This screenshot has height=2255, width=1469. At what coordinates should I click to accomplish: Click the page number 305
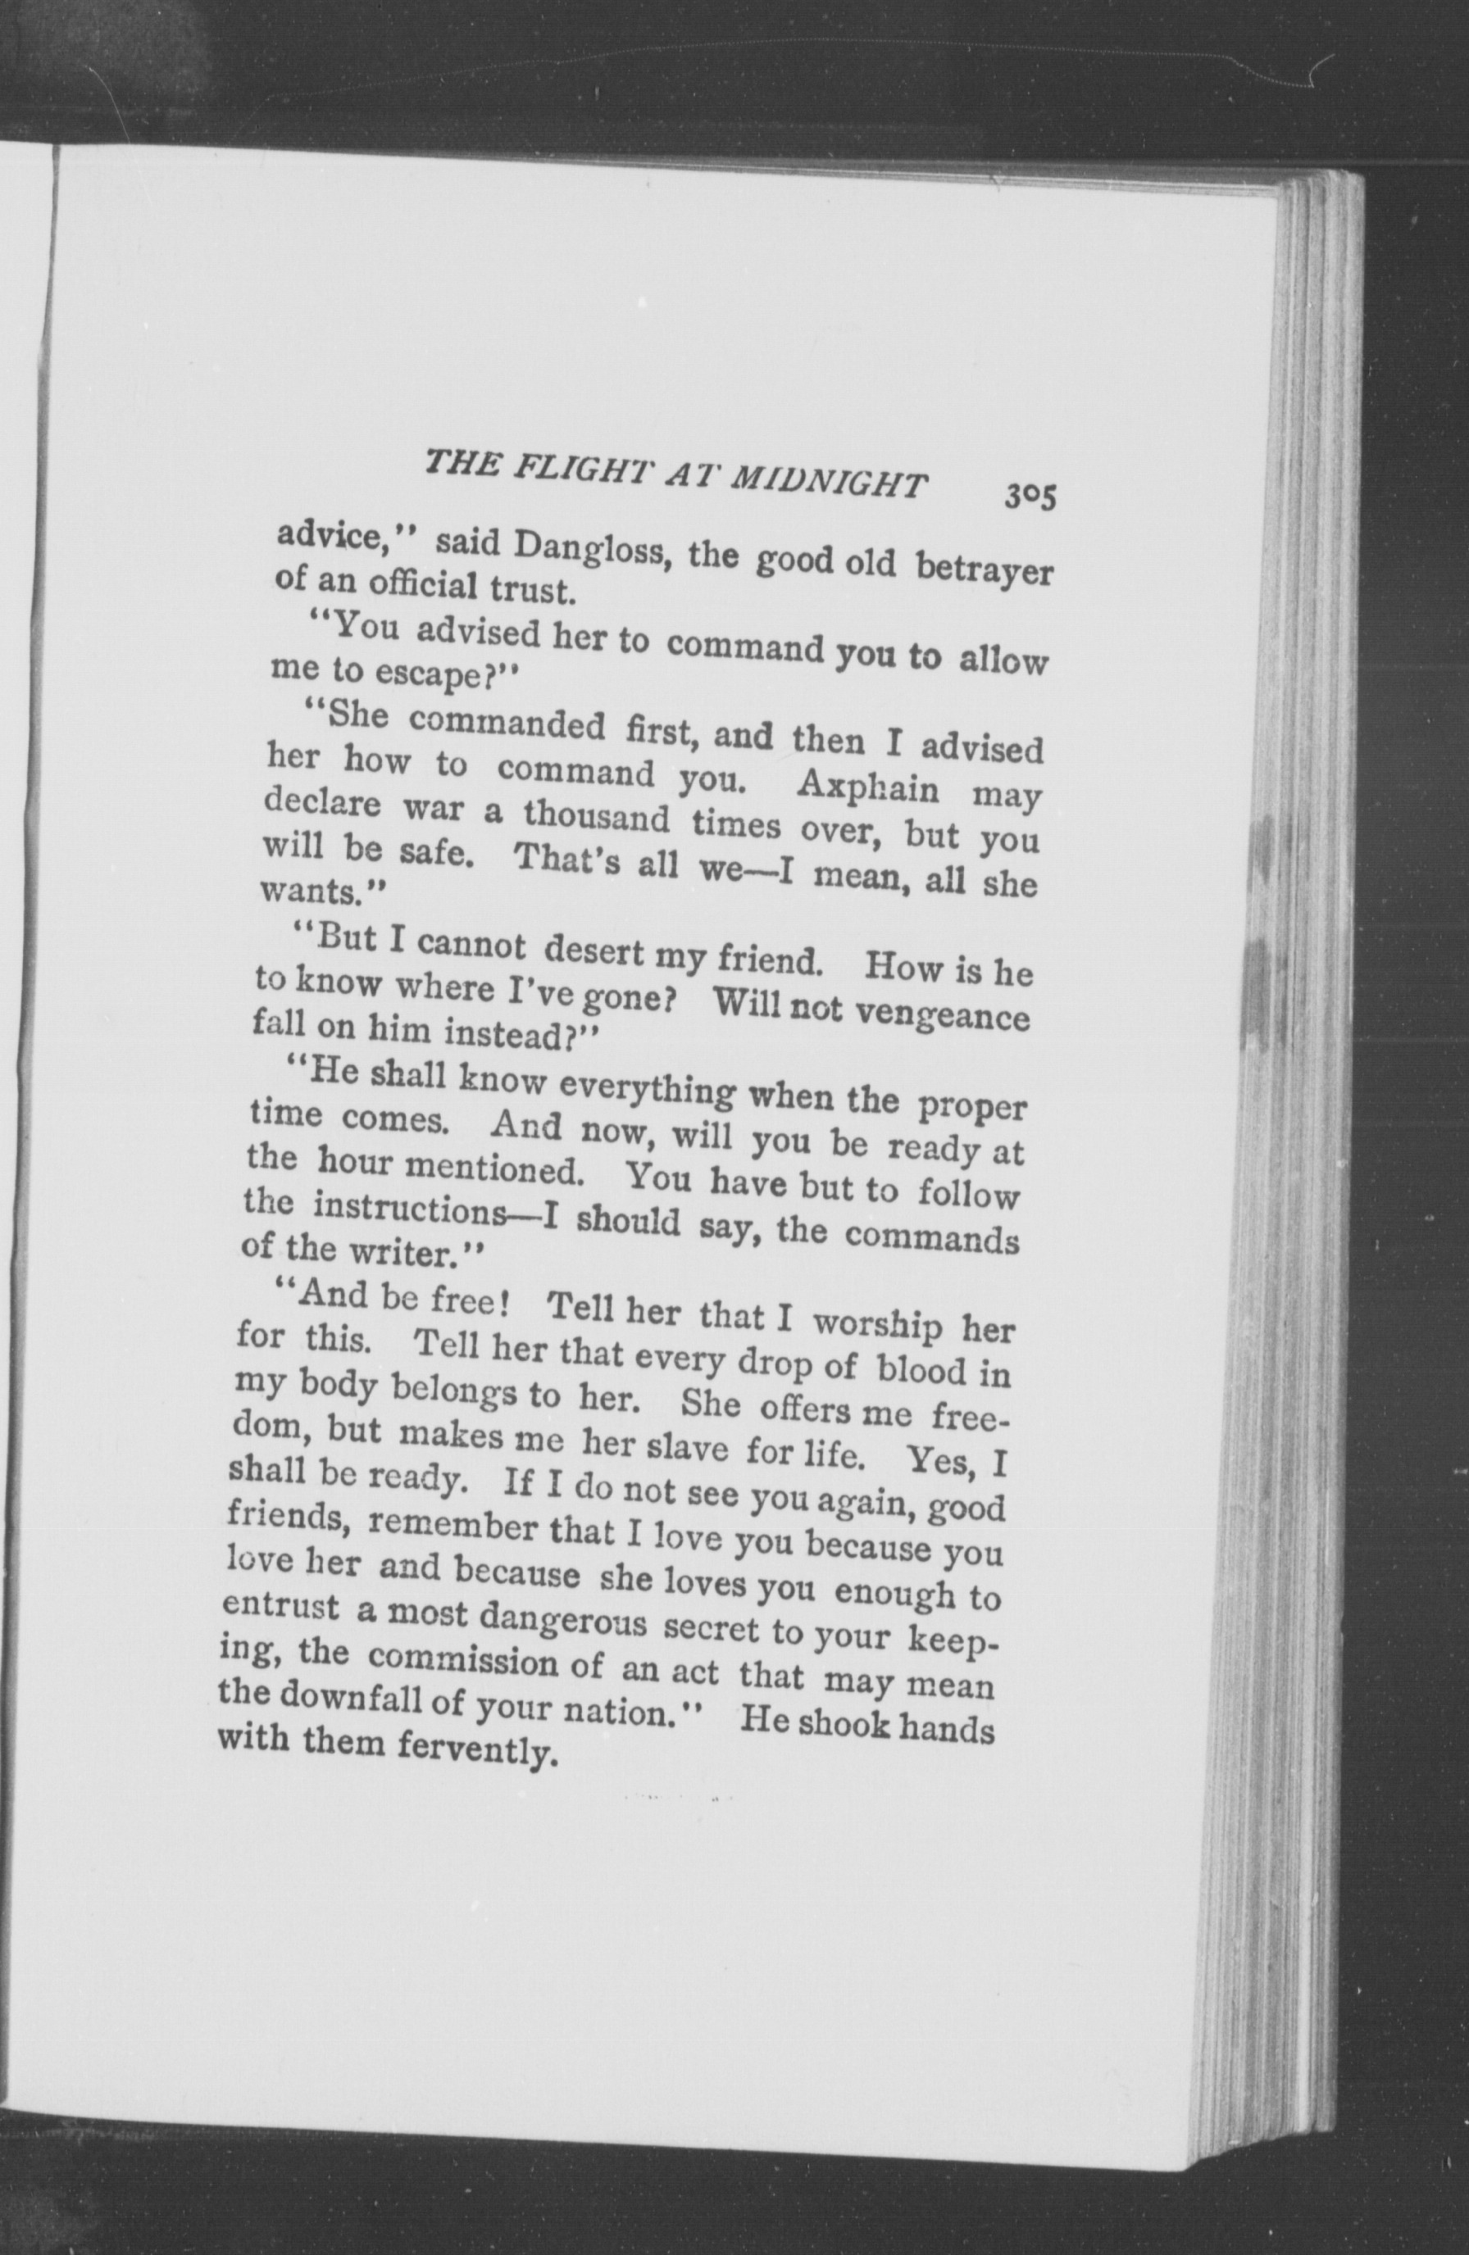pos(1031,496)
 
